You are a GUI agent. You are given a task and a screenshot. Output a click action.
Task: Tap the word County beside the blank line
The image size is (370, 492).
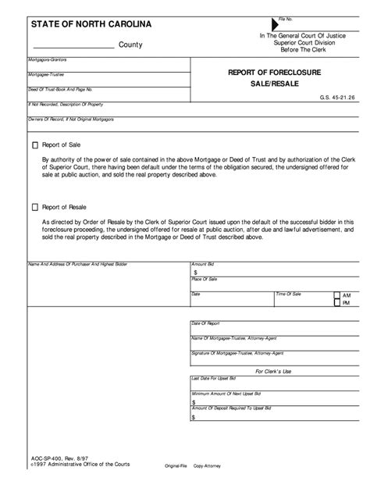[130, 45]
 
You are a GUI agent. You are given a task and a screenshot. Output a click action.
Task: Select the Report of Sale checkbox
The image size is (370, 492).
[34, 145]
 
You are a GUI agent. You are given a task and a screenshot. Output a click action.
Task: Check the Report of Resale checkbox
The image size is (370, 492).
[34, 207]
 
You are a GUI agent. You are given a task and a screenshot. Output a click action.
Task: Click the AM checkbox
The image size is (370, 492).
[336, 296]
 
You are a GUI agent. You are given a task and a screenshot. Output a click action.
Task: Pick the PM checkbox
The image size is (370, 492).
[336, 304]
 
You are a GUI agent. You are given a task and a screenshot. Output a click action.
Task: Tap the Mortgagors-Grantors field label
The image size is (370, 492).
[46, 59]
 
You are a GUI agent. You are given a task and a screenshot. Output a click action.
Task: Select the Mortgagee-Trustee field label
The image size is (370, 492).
[44, 75]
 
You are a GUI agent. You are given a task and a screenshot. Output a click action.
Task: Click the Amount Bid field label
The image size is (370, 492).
[204, 266]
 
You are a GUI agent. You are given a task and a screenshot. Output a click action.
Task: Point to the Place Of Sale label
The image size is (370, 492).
[205, 280]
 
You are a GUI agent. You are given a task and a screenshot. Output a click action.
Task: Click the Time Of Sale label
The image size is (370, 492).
[289, 294]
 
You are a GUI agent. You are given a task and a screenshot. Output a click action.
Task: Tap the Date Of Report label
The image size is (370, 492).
[206, 323]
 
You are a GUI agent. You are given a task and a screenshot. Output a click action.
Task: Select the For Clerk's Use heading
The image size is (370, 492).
[273, 371]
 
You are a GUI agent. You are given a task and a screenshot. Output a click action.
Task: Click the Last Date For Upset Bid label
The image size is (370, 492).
[215, 378]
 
